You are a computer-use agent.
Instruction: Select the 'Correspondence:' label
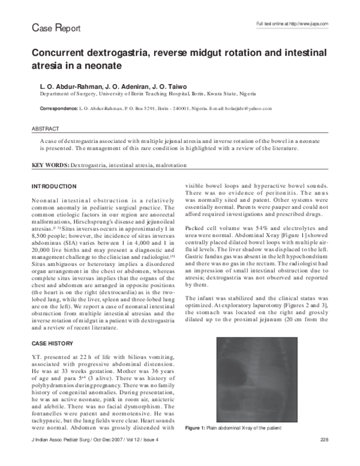(58, 109)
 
